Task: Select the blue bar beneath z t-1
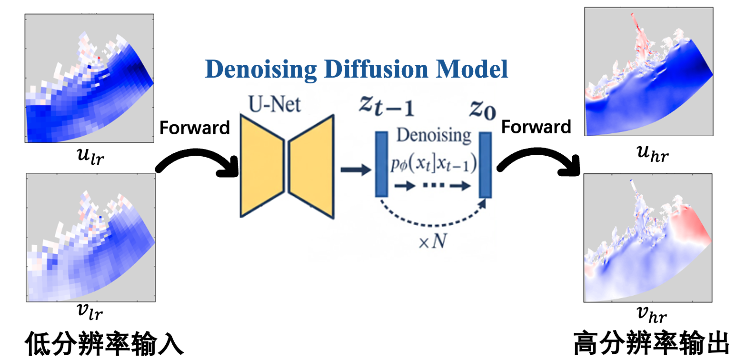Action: pos(382,164)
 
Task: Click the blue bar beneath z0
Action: pos(485,165)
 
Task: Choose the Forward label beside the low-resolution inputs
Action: pos(195,128)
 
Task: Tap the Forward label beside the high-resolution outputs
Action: pos(536,127)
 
